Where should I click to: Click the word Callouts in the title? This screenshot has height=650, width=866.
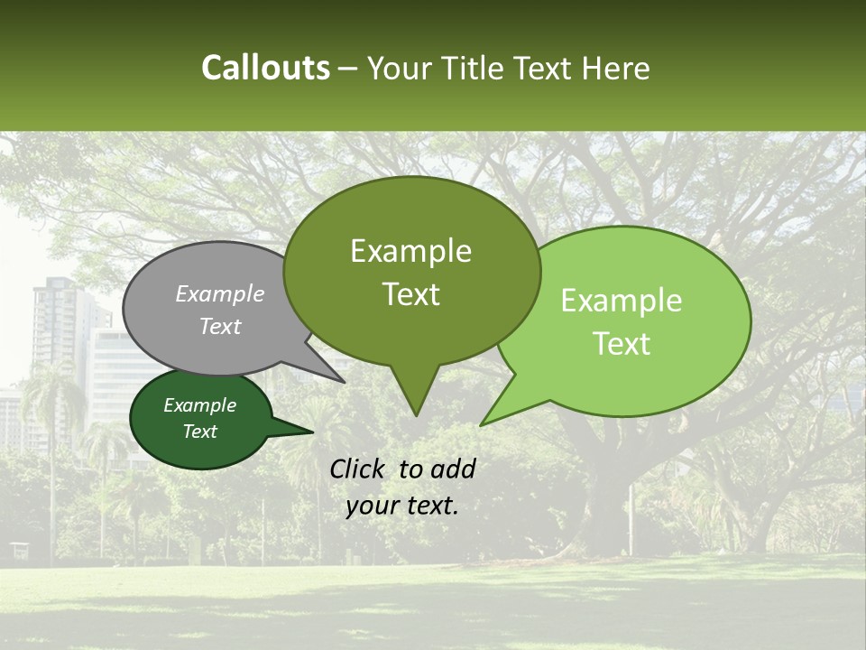(x=265, y=68)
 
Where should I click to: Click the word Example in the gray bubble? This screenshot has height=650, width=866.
(x=219, y=293)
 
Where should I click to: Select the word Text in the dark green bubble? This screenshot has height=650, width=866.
(x=200, y=432)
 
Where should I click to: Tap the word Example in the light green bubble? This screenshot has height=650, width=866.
(x=622, y=301)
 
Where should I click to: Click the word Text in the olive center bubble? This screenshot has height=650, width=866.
(x=410, y=294)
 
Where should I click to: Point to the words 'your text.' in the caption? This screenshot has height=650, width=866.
(x=402, y=506)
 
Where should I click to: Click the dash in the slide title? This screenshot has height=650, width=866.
(x=349, y=69)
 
